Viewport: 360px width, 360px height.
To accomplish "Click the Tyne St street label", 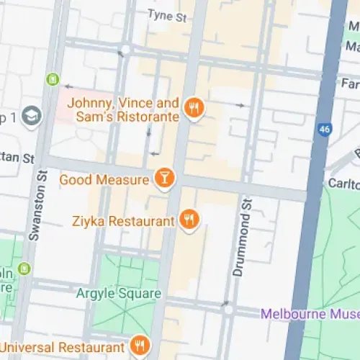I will tap(166, 14).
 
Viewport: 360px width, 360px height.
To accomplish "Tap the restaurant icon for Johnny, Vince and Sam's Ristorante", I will tap(193, 109).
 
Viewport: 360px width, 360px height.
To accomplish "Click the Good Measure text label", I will tap(104, 179).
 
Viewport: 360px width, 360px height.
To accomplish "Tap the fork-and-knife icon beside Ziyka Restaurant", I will tap(189, 220).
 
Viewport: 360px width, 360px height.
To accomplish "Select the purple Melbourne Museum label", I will tap(310, 314).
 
